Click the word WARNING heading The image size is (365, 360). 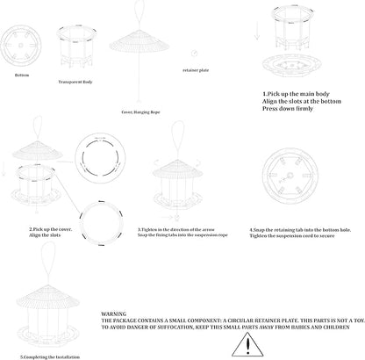(114, 312)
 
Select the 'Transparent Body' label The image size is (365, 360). (75, 81)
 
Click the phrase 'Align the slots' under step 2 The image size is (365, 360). (32, 234)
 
